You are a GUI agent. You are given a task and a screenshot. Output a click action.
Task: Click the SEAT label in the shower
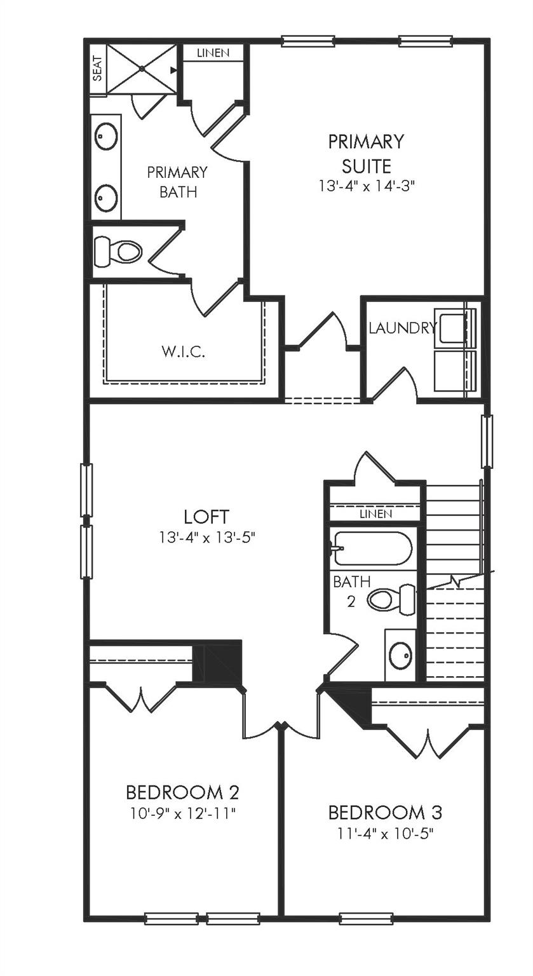(x=98, y=69)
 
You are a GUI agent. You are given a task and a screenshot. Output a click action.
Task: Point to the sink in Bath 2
(x=400, y=655)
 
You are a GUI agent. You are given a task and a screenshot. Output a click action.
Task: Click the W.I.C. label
(x=182, y=351)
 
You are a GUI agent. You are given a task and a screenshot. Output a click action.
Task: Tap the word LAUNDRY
(x=403, y=328)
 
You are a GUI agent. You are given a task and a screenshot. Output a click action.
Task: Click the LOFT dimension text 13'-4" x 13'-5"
(x=206, y=538)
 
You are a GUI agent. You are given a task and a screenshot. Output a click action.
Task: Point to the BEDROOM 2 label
(x=182, y=792)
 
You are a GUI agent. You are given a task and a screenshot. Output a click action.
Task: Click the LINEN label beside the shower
(x=213, y=53)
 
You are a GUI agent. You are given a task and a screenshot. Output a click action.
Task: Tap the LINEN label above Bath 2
(x=375, y=513)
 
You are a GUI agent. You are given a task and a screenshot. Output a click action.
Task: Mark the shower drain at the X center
(x=141, y=69)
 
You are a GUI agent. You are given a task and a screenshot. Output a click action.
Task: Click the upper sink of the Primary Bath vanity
(x=106, y=136)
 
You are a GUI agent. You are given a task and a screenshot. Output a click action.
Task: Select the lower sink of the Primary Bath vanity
(x=106, y=198)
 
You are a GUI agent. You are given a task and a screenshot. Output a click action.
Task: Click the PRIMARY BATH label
(x=177, y=182)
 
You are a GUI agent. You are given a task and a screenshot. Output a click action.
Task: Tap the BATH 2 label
(x=347, y=591)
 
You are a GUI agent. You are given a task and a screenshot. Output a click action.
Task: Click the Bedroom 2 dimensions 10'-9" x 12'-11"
(x=182, y=813)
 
